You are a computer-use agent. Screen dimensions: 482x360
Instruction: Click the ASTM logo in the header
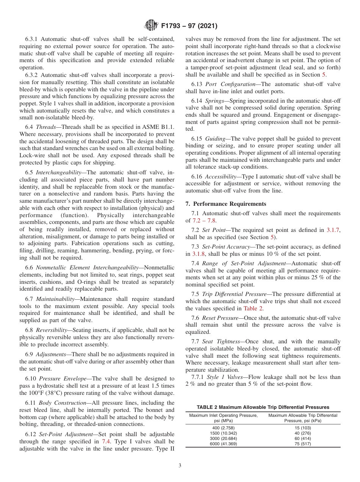point(151,26)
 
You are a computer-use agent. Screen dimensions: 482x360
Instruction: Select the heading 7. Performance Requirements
point(226,203)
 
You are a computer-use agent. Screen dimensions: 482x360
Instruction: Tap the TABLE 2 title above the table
point(263,407)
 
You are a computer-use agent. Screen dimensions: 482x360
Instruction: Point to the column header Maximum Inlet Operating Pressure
point(223,415)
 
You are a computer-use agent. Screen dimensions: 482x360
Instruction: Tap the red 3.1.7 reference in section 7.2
point(333,230)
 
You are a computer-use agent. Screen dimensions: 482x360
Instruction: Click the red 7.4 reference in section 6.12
point(106,441)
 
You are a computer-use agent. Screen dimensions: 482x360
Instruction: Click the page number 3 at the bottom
point(180,466)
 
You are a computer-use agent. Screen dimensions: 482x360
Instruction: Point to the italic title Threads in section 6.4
point(45,127)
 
